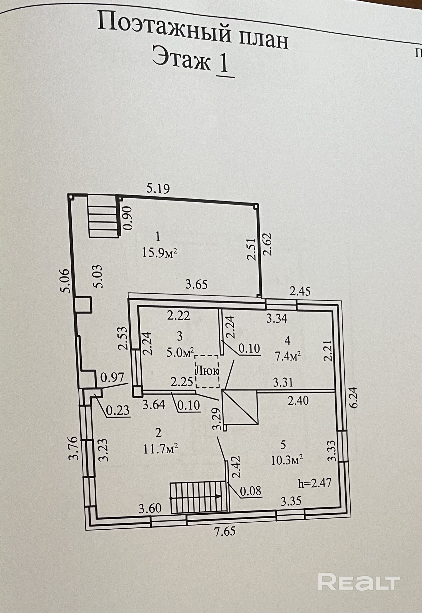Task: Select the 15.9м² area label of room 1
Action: (160, 253)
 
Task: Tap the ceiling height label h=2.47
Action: (314, 483)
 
